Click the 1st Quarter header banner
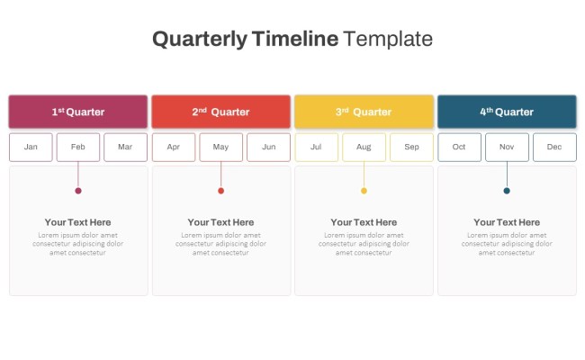coord(78,112)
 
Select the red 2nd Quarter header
coord(220,112)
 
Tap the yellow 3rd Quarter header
coord(364,112)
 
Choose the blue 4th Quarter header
coord(507,112)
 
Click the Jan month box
coord(31,147)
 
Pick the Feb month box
coord(78,147)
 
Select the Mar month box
coord(125,147)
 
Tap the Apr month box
coord(174,147)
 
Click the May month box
coord(220,147)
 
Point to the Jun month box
coord(268,147)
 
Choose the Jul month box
coord(316,147)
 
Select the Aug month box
coord(364,147)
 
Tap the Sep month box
coord(411,147)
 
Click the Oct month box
coord(459,147)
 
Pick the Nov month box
coord(507,147)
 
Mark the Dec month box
coord(554,147)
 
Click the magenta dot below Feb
coord(78,191)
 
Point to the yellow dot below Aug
coord(364,191)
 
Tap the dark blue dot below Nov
coord(507,191)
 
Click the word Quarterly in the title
coord(200,39)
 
